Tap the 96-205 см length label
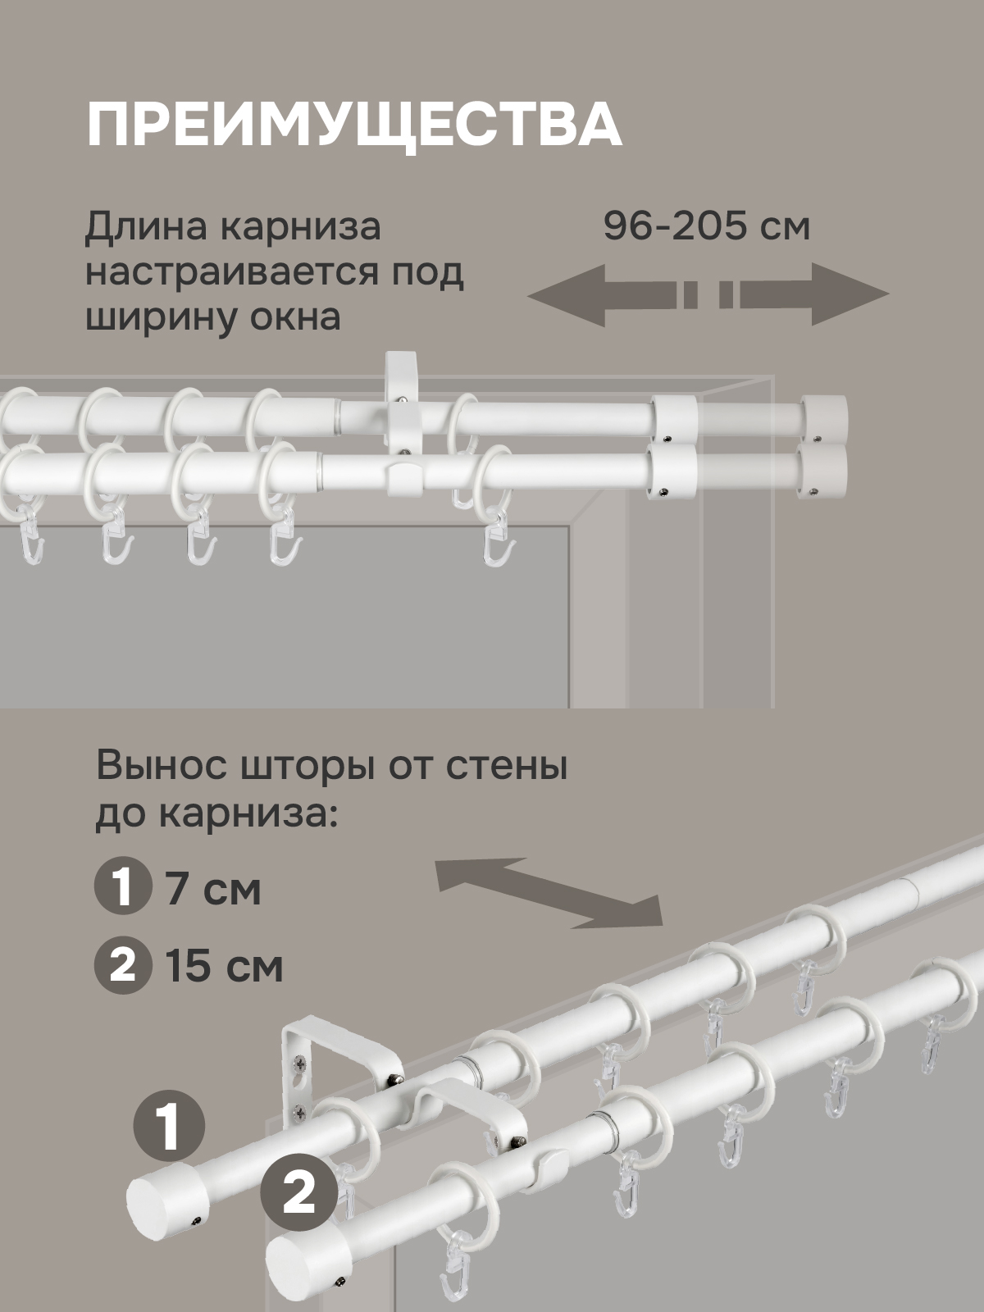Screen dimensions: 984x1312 click(x=707, y=226)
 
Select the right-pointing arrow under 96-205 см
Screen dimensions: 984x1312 click(x=804, y=294)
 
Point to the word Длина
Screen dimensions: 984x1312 click(x=146, y=228)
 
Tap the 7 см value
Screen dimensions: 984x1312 click(x=213, y=890)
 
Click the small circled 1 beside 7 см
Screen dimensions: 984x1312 click(x=122, y=889)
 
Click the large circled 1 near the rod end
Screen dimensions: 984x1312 click(x=168, y=1126)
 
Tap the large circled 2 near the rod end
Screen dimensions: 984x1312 click(x=299, y=1194)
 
